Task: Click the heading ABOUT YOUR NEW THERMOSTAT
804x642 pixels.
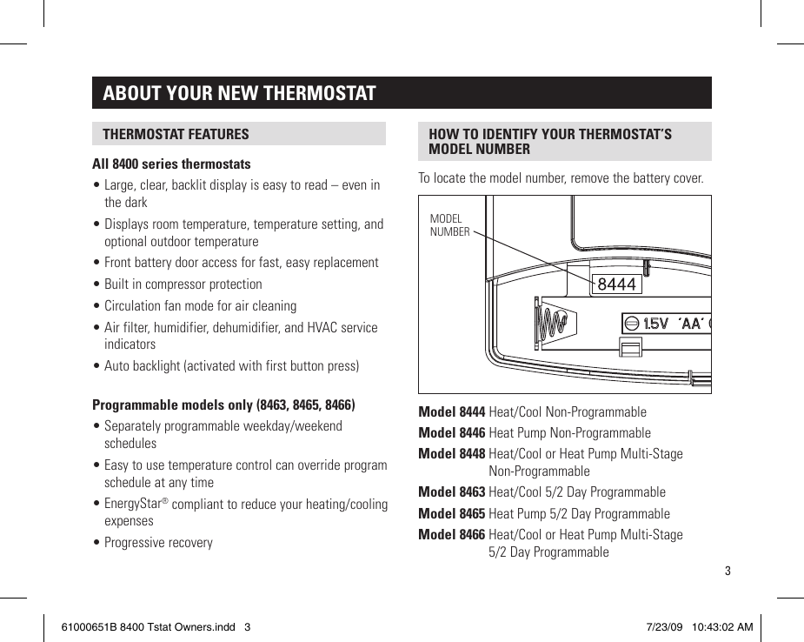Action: [239, 93]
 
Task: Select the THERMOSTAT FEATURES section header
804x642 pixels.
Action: [176, 134]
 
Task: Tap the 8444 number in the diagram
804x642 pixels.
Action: [616, 284]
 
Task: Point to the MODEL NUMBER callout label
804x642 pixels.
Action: [449, 225]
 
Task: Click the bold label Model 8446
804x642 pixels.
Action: [451, 433]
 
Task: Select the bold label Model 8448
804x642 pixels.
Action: [451, 454]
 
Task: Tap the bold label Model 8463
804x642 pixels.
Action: [451, 492]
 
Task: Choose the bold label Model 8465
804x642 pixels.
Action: [451, 514]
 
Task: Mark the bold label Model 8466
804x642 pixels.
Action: [451, 535]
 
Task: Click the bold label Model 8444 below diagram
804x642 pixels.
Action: [451, 412]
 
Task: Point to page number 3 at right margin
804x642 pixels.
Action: [728, 572]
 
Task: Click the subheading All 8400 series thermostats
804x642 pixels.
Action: [171, 164]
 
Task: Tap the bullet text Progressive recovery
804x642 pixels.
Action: [158, 543]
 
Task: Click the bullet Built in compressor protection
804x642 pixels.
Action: [183, 284]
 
